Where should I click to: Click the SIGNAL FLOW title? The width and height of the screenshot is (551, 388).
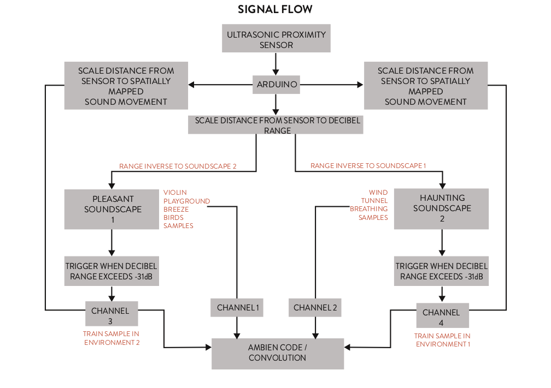[x=275, y=10]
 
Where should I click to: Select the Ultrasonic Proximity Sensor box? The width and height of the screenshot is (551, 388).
[x=276, y=39]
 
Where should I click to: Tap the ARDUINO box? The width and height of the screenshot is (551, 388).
[x=276, y=85]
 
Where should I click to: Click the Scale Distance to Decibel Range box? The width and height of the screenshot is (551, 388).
[x=276, y=125]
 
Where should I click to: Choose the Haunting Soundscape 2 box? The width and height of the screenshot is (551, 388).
[x=442, y=208]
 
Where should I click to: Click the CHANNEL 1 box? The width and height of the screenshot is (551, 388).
[x=237, y=308]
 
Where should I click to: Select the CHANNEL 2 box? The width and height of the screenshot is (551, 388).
[x=315, y=308]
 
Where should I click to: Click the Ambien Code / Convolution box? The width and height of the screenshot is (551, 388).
[x=277, y=353]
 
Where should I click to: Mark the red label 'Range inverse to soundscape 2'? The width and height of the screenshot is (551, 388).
[x=178, y=166]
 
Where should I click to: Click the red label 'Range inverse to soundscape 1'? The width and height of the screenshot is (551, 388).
[x=368, y=165]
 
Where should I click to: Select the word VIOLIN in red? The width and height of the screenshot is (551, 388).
[x=175, y=192]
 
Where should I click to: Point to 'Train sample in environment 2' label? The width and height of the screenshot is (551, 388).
[x=112, y=338]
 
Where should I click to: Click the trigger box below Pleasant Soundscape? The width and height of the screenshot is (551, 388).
[x=112, y=271]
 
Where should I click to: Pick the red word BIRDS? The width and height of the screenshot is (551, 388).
[x=173, y=217]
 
